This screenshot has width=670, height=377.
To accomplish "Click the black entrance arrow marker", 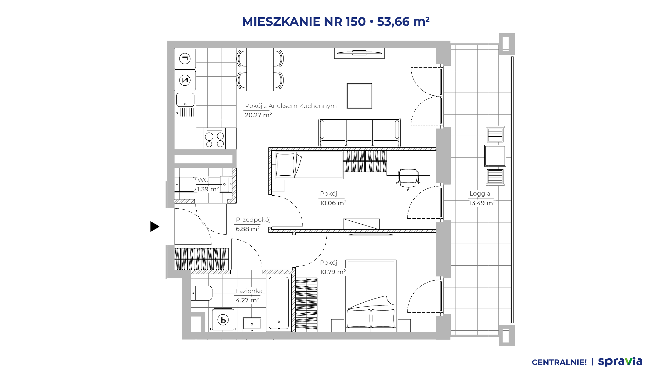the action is coord(155,226).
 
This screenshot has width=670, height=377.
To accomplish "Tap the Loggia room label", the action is coord(480,194).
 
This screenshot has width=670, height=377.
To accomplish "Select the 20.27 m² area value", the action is coord(258,115).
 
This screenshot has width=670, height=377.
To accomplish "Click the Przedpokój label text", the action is coord(253,220).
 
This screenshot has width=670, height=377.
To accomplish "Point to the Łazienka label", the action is coord(249,291).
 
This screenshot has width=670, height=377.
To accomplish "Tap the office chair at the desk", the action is coord(408,179).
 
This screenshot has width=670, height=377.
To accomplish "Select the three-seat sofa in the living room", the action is coord(359,133).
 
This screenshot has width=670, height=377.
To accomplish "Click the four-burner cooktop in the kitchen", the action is coord(215,139).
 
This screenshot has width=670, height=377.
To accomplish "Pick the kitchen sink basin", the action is coord(185,100).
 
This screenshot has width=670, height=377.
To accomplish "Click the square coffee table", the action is coord(359,96).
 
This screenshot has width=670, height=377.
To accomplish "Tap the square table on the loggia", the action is coord(495,156).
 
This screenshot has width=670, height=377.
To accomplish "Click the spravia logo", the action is coord(620,362).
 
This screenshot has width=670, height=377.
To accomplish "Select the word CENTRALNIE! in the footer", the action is coord(559,362).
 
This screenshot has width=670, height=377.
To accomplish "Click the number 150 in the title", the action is coord(355,21).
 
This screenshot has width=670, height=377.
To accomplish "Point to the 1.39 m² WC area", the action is coord(208,189).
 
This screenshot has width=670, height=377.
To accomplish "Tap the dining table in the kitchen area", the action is coord(260,69).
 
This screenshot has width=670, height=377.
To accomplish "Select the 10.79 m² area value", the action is coord(333,272).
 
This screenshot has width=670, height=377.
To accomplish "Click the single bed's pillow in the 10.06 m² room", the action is coord(285,165).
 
